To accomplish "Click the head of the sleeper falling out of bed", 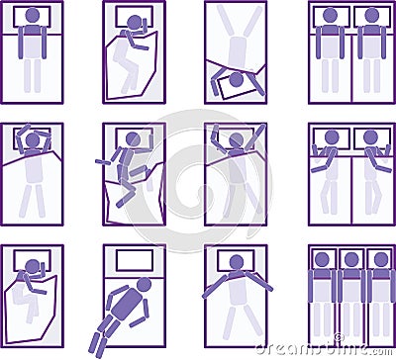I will point(145,285).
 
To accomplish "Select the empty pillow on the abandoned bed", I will point(135,260).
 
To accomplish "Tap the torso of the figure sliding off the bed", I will point(126,308).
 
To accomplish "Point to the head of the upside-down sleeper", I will point(236,79).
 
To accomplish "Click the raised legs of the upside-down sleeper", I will point(236,25).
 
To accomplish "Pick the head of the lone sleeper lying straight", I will point(33,16).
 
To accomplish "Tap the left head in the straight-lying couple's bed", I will point(331,16).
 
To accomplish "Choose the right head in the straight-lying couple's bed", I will point(371,16).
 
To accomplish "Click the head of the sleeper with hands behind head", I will point(33,140).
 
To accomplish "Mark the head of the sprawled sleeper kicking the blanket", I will point(132,139).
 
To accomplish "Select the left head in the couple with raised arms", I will point(331,137).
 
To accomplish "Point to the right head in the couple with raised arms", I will point(371,137).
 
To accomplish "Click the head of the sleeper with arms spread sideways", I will point(236,262).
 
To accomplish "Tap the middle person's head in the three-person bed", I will point(351,260).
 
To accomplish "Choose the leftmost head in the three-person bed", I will point(322,260).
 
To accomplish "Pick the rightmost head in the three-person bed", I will point(381,260).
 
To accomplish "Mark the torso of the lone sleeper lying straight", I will point(33,42).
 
